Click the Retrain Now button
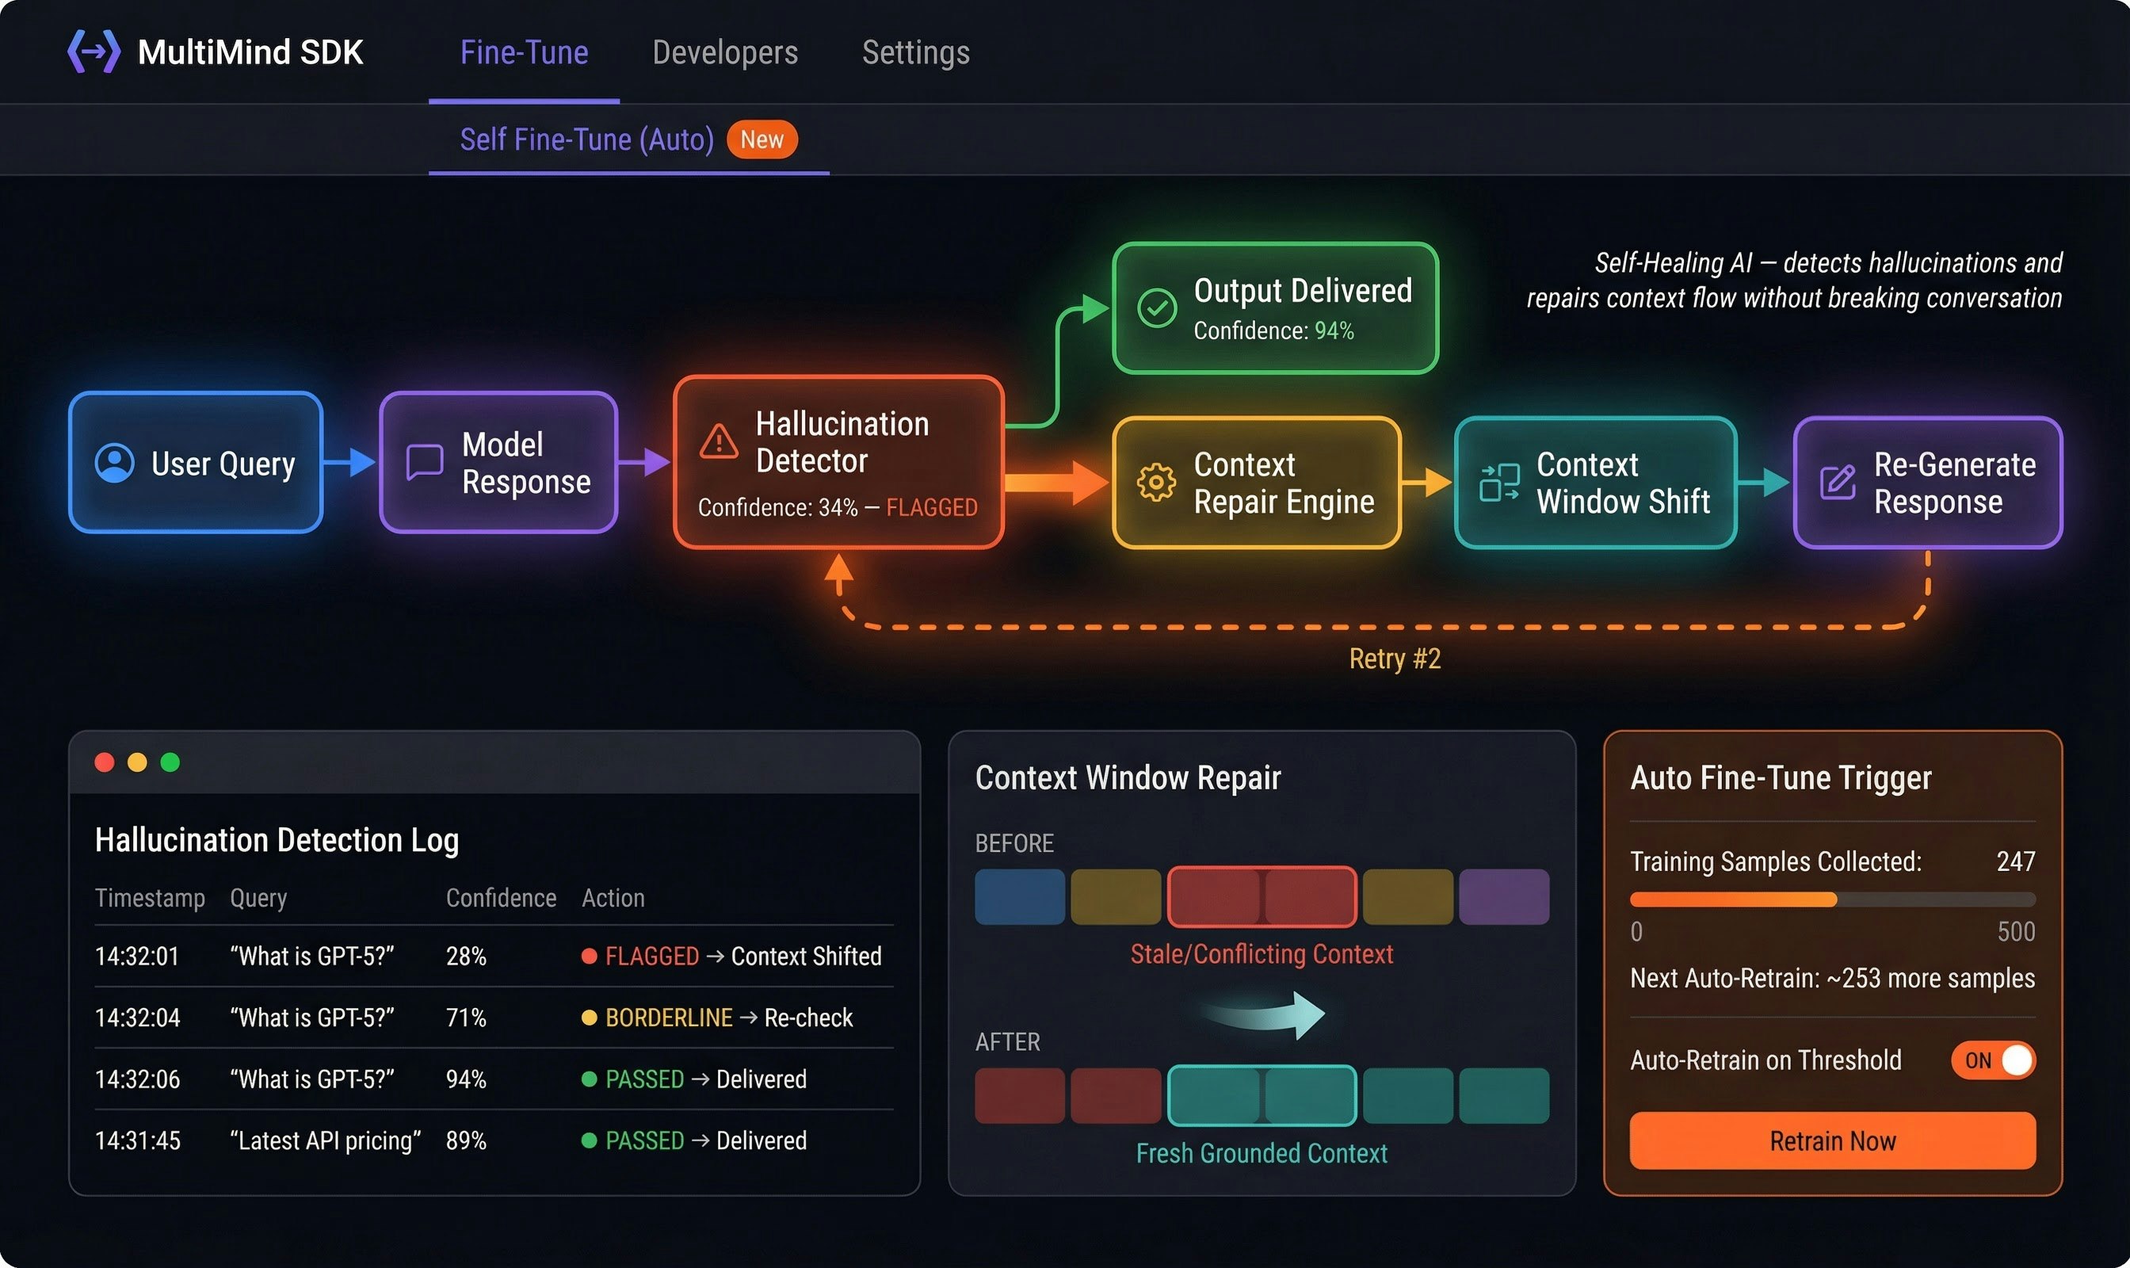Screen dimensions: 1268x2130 (x=1832, y=1140)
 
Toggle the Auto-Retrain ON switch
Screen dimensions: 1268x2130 (x=1992, y=1060)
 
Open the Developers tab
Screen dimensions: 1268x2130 (x=724, y=53)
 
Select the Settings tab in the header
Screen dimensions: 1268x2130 (x=915, y=53)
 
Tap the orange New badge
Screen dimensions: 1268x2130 (x=762, y=139)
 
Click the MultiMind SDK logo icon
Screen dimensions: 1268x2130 (x=94, y=52)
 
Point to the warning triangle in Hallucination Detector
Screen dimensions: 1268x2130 (x=719, y=441)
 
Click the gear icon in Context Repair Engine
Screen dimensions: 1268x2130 (x=1155, y=482)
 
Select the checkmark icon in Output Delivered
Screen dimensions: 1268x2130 (x=1157, y=307)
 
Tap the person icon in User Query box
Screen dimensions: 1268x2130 (x=114, y=463)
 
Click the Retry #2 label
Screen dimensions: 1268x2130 (x=1395, y=659)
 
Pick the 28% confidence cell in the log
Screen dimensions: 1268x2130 (x=466, y=956)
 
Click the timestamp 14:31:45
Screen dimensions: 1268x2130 (x=138, y=1140)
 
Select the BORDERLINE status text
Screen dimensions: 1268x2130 (x=668, y=1018)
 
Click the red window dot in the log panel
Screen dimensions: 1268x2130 (x=105, y=762)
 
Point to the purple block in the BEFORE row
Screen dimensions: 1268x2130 (x=1503, y=896)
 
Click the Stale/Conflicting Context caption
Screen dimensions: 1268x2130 (x=1261, y=953)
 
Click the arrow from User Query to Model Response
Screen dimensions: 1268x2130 (x=350, y=462)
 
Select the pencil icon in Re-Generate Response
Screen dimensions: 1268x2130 (x=1837, y=482)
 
